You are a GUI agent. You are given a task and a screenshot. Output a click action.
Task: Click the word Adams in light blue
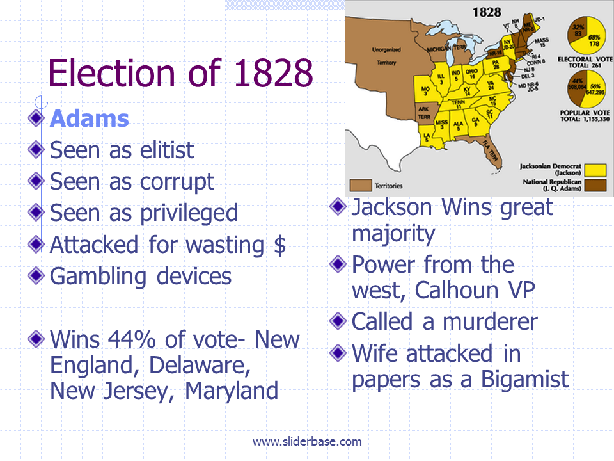[90, 119]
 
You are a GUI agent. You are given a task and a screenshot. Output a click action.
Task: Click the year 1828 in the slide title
[273, 74]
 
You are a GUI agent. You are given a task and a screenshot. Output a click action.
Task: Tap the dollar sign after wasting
[279, 245]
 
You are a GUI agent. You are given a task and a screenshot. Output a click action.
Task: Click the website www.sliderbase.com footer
[307, 441]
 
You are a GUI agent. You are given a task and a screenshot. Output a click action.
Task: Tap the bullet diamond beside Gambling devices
[37, 275]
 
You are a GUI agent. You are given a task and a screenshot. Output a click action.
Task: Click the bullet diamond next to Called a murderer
[339, 320]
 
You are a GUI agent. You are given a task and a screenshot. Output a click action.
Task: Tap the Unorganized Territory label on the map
[386, 56]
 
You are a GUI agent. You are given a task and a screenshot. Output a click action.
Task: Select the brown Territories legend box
[363, 186]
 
